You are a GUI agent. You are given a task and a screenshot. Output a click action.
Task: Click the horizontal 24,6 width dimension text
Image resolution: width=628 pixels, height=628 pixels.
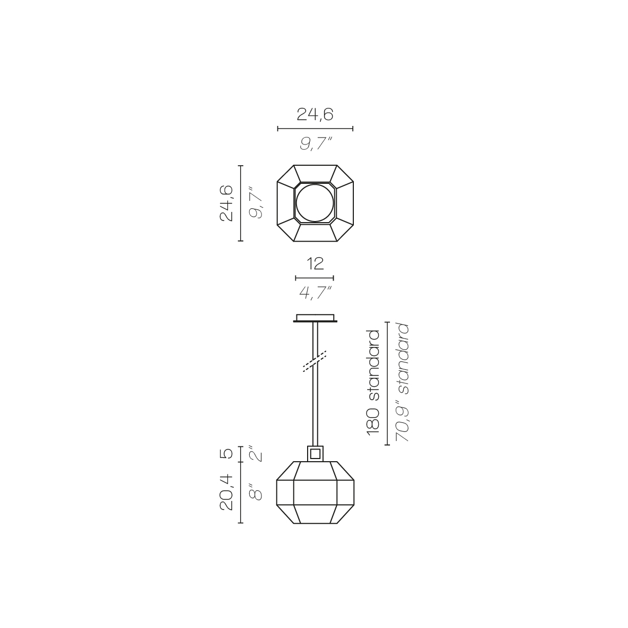click(315, 115)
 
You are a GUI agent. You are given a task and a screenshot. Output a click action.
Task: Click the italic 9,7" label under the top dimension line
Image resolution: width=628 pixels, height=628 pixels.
click(316, 143)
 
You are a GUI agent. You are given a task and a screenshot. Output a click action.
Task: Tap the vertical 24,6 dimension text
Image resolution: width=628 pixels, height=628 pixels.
click(227, 203)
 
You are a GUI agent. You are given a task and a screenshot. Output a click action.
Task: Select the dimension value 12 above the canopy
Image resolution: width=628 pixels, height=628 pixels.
click(315, 264)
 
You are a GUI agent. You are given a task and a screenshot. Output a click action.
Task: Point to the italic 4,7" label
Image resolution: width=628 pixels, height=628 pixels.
click(316, 292)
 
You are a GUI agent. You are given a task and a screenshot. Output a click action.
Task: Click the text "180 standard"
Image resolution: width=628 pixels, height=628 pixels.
click(373, 383)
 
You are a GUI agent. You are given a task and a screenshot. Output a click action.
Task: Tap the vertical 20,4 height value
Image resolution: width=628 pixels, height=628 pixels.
click(227, 491)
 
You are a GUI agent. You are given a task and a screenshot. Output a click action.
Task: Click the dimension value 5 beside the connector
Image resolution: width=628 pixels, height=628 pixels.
click(227, 454)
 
